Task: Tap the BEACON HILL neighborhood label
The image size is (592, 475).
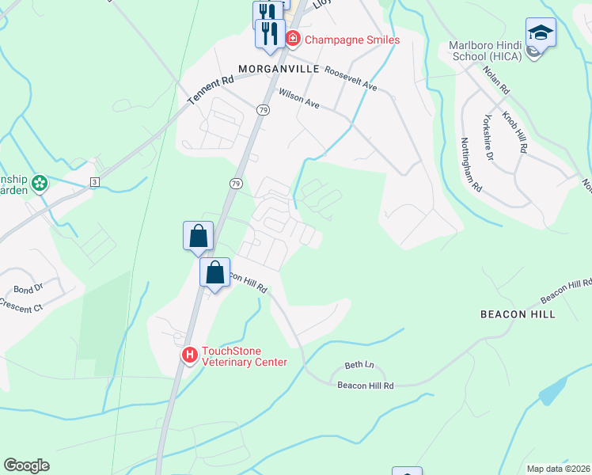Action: click(518, 314)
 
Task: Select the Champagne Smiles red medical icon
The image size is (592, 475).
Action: click(292, 38)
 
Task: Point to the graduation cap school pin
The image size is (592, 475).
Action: click(541, 32)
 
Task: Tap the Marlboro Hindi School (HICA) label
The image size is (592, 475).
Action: click(488, 51)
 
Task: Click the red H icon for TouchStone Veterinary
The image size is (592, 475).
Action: click(190, 356)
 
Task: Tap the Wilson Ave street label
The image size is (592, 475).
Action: click(298, 98)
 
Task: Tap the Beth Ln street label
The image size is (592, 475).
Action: click(359, 366)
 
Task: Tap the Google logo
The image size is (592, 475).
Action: click(26, 465)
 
